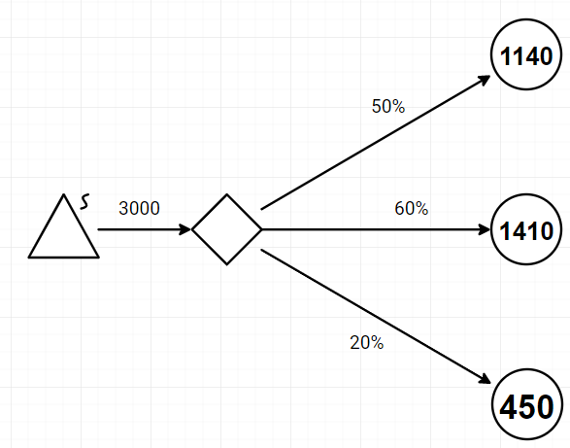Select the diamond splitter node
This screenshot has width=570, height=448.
coord(227,229)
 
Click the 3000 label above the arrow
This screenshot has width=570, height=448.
coord(139,208)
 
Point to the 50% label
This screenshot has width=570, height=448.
coord(388,106)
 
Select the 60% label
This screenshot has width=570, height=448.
coord(412,208)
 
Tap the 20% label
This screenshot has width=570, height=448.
coord(367,342)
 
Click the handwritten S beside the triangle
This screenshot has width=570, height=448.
coord(84,201)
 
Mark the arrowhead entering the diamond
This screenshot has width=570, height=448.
coord(185,229)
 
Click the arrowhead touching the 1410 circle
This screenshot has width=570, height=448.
coord(485,229)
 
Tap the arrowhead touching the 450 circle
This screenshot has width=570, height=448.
coord(485,379)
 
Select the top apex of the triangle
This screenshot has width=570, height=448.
coord(64,194)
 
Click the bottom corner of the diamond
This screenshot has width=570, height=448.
coord(227,264)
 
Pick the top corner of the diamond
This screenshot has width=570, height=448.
coord(227,194)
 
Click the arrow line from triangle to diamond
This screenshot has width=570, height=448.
coord(145,229)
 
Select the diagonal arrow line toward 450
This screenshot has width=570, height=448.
coord(376,316)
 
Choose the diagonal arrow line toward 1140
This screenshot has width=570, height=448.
coord(376,142)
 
